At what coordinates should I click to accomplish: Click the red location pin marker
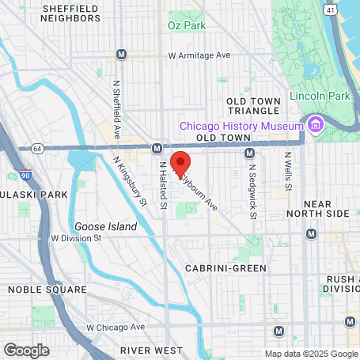180,161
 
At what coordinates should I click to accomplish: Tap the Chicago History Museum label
241,126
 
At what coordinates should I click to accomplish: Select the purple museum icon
315,125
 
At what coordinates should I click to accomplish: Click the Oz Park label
187,25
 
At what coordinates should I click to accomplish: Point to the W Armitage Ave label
199,55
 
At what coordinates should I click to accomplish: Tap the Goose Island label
105,225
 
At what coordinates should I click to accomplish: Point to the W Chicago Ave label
116,327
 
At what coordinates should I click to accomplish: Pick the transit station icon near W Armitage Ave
121,55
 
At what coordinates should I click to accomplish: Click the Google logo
26,349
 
